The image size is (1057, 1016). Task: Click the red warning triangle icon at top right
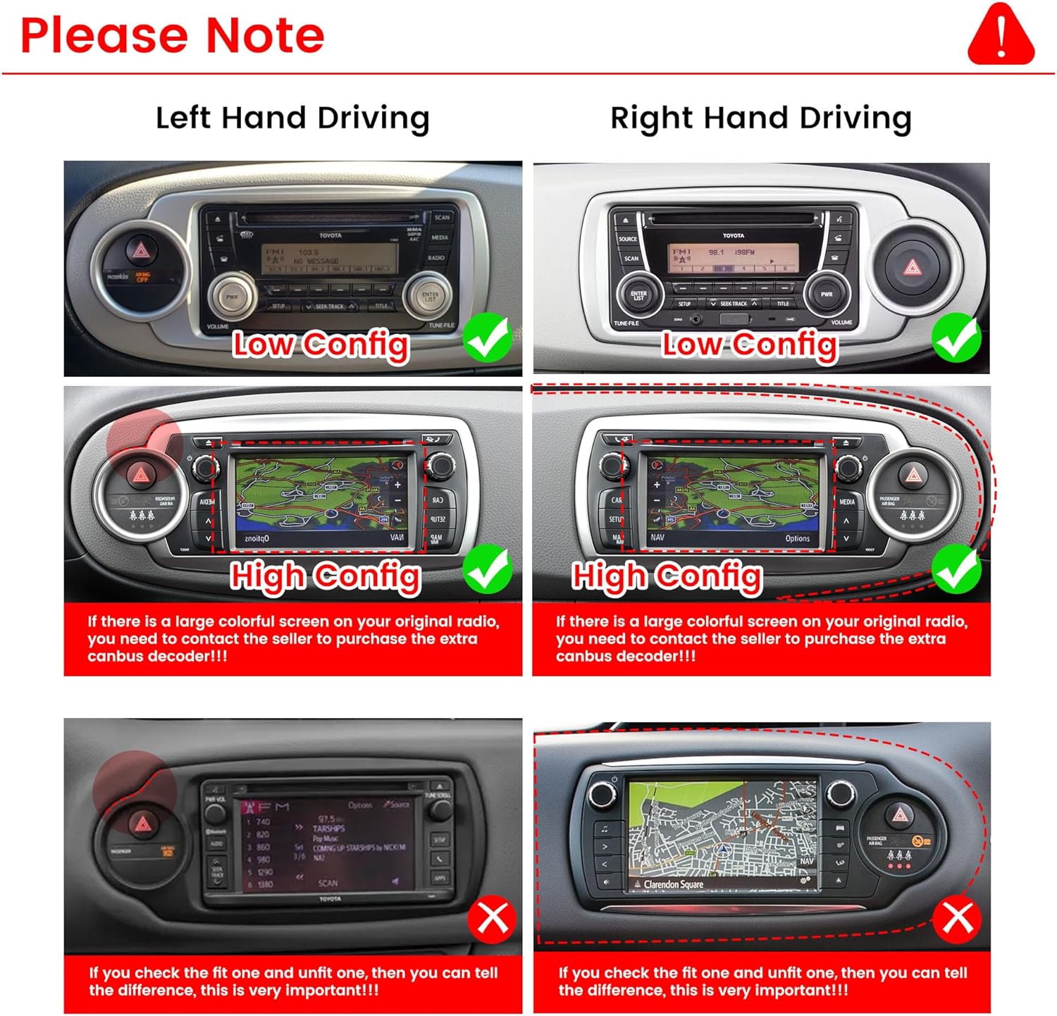coord(1001,35)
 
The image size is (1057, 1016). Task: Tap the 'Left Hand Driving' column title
coord(292,118)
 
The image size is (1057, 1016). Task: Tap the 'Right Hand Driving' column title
coord(760,118)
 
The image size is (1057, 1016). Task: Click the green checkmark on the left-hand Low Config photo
coord(488,337)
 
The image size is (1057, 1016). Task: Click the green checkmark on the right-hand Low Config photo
coord(956,337)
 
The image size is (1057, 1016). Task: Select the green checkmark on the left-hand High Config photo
coord(488,569)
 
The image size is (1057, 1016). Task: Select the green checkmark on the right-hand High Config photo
coord(956,569)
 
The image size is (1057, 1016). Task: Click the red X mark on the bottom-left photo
coord(492,919)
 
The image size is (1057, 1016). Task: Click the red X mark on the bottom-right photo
coord(957,919)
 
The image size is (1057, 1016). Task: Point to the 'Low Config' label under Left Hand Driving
coord(321,345)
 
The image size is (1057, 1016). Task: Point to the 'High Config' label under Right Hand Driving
coord(667,576)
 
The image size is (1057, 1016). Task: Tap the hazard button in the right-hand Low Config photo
coord(912,267)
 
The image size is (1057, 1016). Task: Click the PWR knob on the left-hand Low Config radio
coord(232,297)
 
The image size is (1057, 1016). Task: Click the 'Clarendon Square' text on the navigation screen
coord(673,884)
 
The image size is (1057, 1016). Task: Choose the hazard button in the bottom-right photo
coord(900,815)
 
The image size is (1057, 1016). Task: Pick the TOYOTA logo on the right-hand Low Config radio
coord(733,235)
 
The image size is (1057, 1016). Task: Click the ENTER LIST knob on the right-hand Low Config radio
coord(638,295)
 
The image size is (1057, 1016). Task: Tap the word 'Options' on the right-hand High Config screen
coord(797,538)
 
